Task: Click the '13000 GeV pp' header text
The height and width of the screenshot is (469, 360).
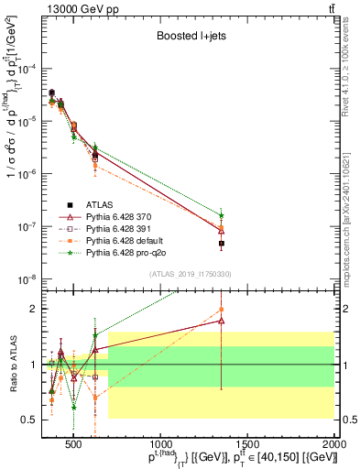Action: coord(82,8)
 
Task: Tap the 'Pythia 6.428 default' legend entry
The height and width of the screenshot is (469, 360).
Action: coord(125,240)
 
